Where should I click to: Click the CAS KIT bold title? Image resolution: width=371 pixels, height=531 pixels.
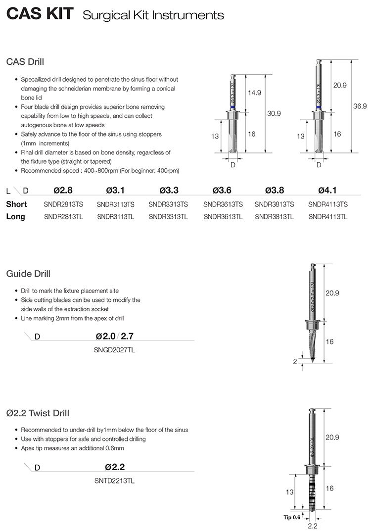[x=40, y=15]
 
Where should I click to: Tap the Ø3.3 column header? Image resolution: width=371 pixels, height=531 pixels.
[x=168, y=190]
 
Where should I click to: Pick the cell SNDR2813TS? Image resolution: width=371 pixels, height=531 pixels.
[x=62, y=204]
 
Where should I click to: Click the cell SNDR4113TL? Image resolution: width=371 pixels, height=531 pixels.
[x=327, y=216]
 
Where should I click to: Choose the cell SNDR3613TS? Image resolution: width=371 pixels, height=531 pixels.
[x=223, y=204]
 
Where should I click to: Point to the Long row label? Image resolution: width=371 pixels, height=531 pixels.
[x=16, y=216]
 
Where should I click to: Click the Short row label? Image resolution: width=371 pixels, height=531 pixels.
[x=17, y=204]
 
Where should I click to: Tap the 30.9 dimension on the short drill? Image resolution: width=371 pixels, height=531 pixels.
[x=274, y=113]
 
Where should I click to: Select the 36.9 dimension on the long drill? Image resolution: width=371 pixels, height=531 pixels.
[x=360, y=106]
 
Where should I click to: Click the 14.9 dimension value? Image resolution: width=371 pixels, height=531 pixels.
[x=255, y=93]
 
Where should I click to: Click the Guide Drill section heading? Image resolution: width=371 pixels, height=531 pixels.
[x=28, y=274]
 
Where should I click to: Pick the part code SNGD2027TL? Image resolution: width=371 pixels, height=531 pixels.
[x=115, y=350]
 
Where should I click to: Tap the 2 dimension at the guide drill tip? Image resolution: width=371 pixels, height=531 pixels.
[x=295, y=362]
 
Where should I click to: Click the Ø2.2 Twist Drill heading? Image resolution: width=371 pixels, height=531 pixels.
[x=38, y=413]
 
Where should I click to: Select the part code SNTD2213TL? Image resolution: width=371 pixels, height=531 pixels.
[x=115, y=480]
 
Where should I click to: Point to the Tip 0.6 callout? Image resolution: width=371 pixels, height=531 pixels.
[x=292, y=517]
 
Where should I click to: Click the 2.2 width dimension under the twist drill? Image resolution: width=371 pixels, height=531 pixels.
[x=313, y=526]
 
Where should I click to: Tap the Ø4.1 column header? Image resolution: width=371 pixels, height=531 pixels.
[x=327, y=190]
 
